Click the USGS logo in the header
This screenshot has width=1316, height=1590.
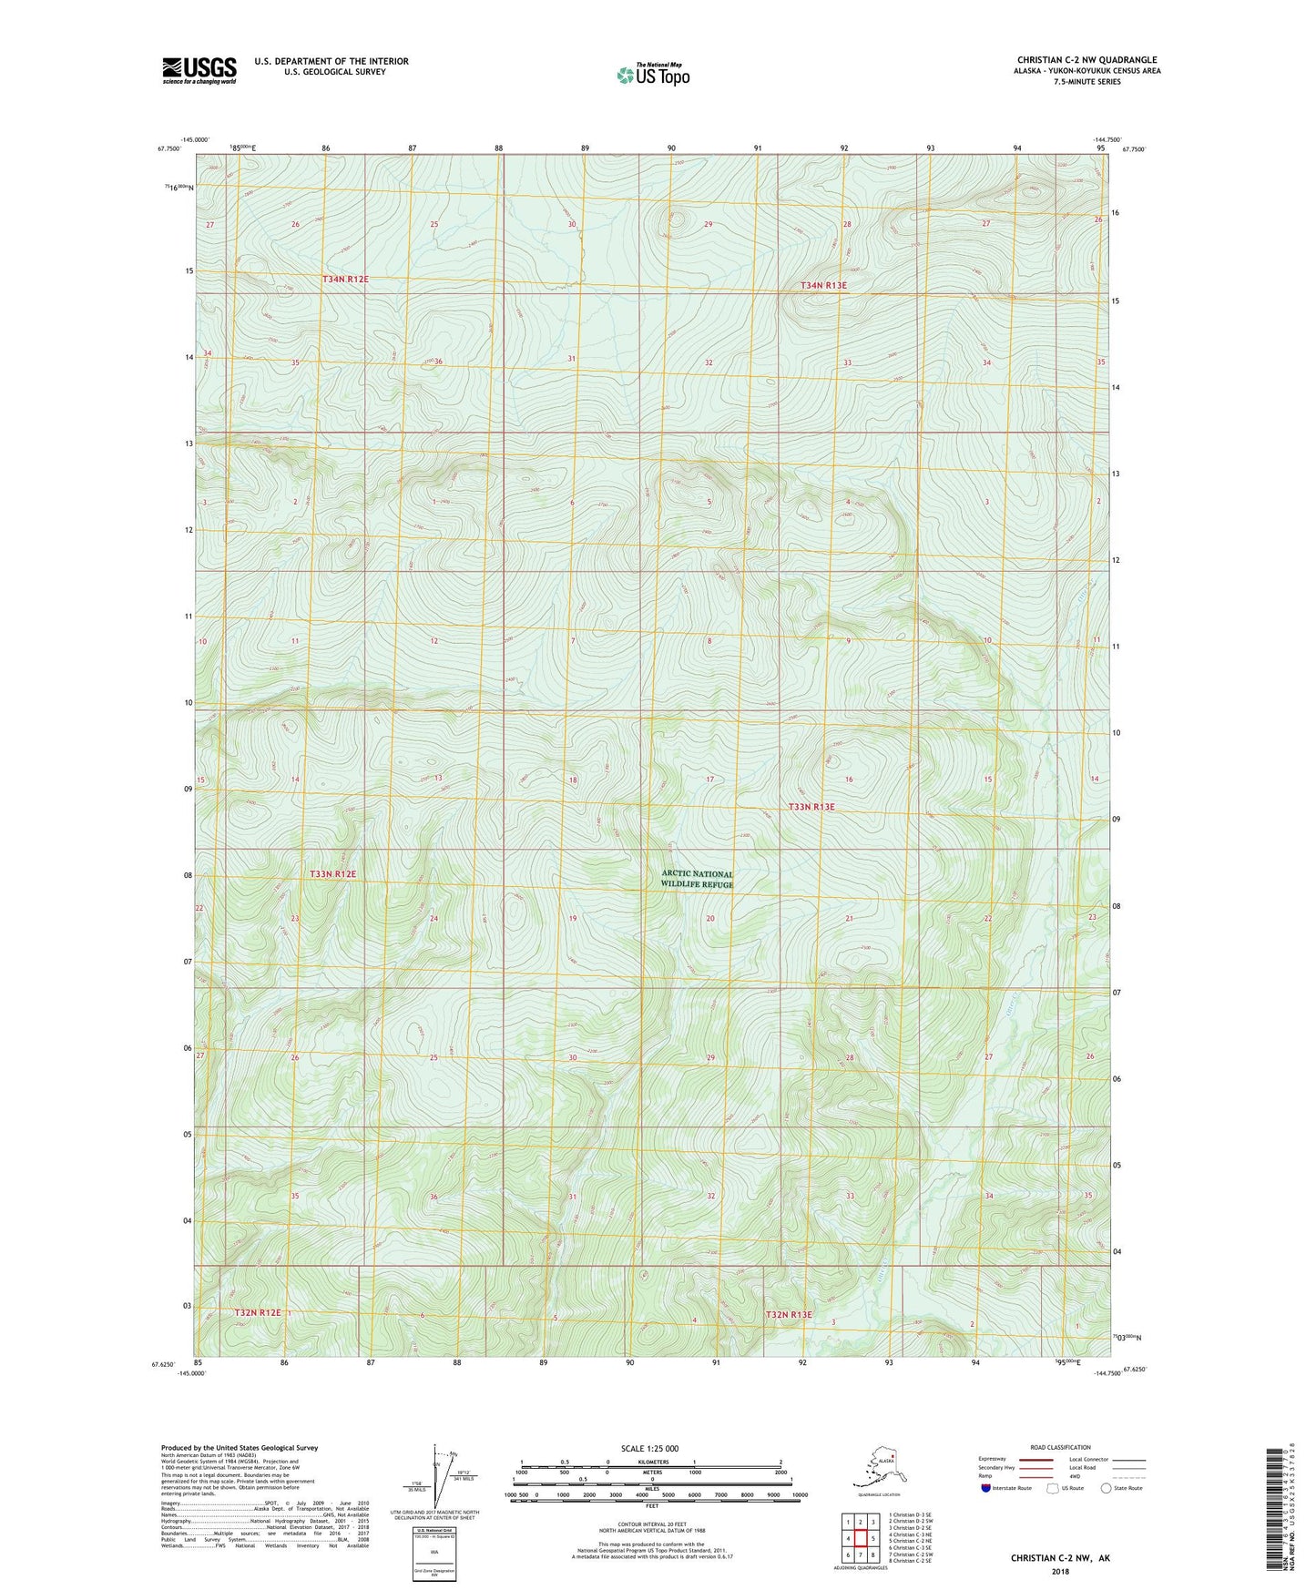[199, 70]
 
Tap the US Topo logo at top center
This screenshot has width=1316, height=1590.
[652, 75]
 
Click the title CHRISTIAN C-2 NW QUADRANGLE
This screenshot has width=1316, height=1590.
[1086, 60]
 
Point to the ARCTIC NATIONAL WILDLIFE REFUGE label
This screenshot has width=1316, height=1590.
[697, 879]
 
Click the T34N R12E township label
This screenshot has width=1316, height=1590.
[345, 279]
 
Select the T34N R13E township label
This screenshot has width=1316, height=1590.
[823, 285]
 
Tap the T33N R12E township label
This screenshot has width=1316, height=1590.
[332, 873]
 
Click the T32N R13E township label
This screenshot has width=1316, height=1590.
[788, 1314]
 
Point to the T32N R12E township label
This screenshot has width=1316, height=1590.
[258, 1312]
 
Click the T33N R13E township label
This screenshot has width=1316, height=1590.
[811, 807]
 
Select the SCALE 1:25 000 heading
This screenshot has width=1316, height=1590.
[649, 1448]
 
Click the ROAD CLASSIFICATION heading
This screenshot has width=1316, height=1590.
[1060, 1447]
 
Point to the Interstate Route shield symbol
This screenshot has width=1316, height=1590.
[986, 1488]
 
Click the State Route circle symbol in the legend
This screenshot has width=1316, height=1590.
[1107, 1488]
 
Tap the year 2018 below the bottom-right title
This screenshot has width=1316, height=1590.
[1059, 1571]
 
